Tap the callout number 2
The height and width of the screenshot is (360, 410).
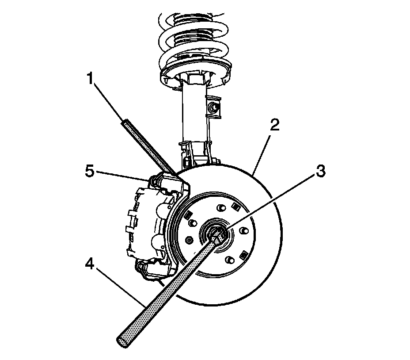(x=275, y=125)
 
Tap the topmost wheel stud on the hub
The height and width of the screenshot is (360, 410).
(x=219, y=206)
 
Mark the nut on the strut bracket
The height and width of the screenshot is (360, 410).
(x=214, y=106)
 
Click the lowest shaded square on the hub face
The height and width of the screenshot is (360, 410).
(x=242, y=255)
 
